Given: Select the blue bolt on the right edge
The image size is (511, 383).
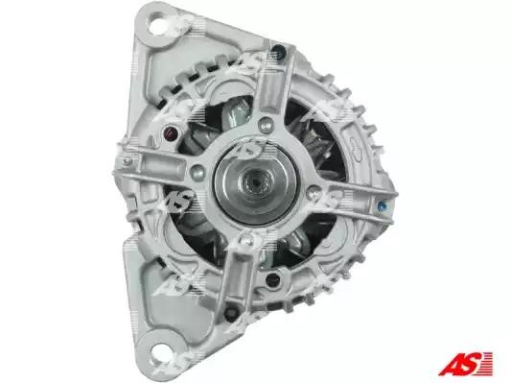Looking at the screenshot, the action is pyautogui.click(x=382, y=206).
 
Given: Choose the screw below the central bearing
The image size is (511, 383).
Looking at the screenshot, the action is pyautogui.click(x=244, y=240).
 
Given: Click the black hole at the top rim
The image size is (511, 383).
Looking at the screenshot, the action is pyautogui.click(x=280, y=51).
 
